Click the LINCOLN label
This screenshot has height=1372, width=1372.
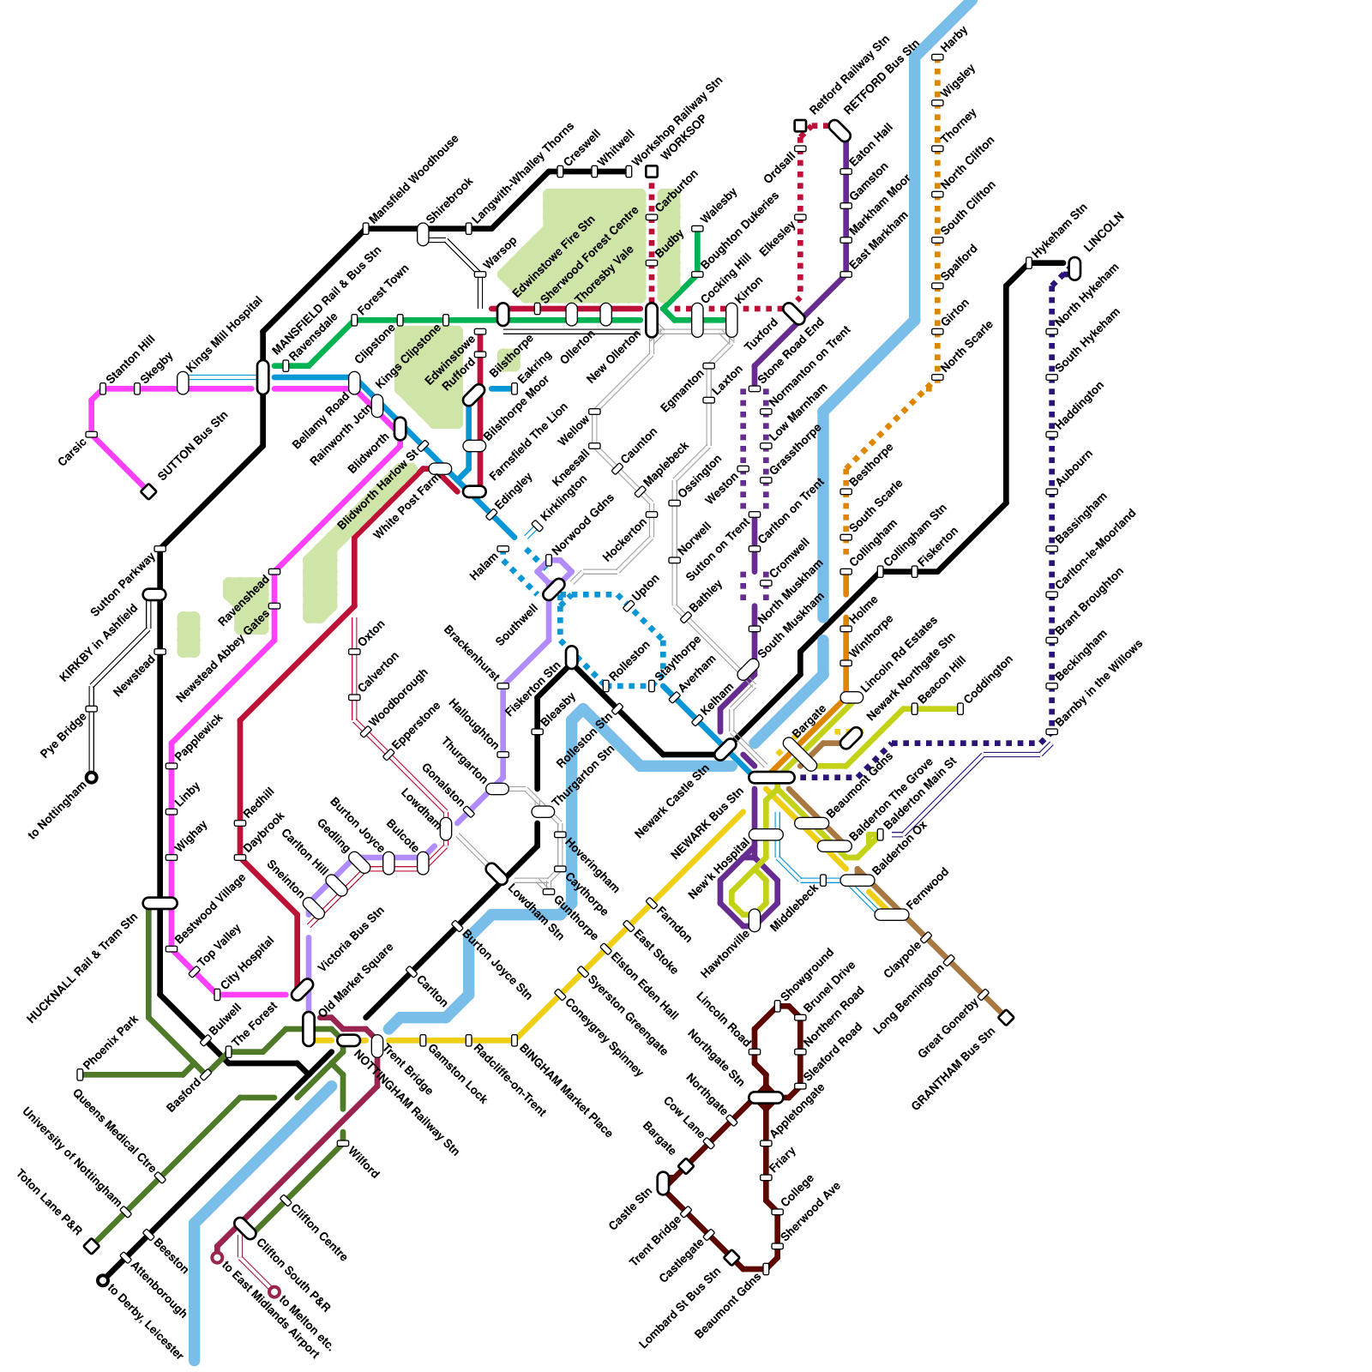coord(1104,232)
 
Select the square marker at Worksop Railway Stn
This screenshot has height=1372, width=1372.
coord(652,171)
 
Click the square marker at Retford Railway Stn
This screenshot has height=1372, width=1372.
coord(800,126)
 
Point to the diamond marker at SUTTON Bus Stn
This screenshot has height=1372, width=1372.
coord(148,491)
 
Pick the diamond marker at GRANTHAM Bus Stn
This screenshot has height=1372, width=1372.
coord(1007,1017)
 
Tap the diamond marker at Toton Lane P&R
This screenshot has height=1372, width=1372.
coord(92,1246)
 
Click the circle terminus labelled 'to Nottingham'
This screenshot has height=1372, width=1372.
coord(92,778)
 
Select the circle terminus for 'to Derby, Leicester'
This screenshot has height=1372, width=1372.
coord(103,1280)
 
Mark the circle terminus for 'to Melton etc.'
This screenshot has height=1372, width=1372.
coord(274,1291)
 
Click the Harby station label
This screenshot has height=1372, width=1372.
coord(954,39)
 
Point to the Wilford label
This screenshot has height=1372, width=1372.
coord(364,1160)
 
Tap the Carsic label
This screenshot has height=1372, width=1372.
coord(72,452)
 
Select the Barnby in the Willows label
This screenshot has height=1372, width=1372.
coord(1099,683)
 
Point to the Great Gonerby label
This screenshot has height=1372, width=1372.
coord(948,1027)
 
